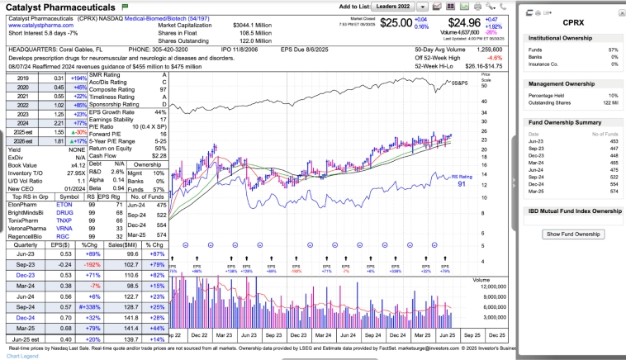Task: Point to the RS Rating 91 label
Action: [461, 179]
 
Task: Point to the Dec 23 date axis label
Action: [300, 335]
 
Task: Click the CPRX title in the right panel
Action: [574, 22]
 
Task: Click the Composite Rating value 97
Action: [164, 89]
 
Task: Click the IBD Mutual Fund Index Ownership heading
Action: [574, 211]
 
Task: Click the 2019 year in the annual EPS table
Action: [22, 78]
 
